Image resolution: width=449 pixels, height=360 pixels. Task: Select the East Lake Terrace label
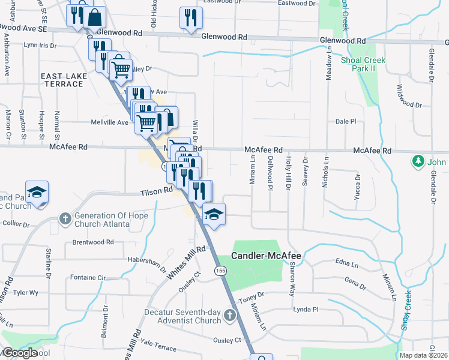click(x=62, y=80)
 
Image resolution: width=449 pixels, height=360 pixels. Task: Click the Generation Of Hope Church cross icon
click(x=65, y=218)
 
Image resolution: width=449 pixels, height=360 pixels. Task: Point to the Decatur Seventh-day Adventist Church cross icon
click(x=229, y=315)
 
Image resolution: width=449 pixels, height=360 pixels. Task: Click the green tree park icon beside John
click(x=418, y=161)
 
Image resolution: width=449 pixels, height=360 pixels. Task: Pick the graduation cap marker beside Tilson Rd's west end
click(x=37, y=193)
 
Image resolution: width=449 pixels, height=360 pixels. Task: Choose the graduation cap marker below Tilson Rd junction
click(x=212, y=213)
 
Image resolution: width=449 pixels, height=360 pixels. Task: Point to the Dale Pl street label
click(x=346, y=121)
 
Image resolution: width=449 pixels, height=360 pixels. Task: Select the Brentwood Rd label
click(x=93, y=242)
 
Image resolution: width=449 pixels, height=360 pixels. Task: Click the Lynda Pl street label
click(x=305, y=309)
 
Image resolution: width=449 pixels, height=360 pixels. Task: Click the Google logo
click(x=20, y=353)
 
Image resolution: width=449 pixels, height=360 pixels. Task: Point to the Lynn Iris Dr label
click(x=40, y=45)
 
